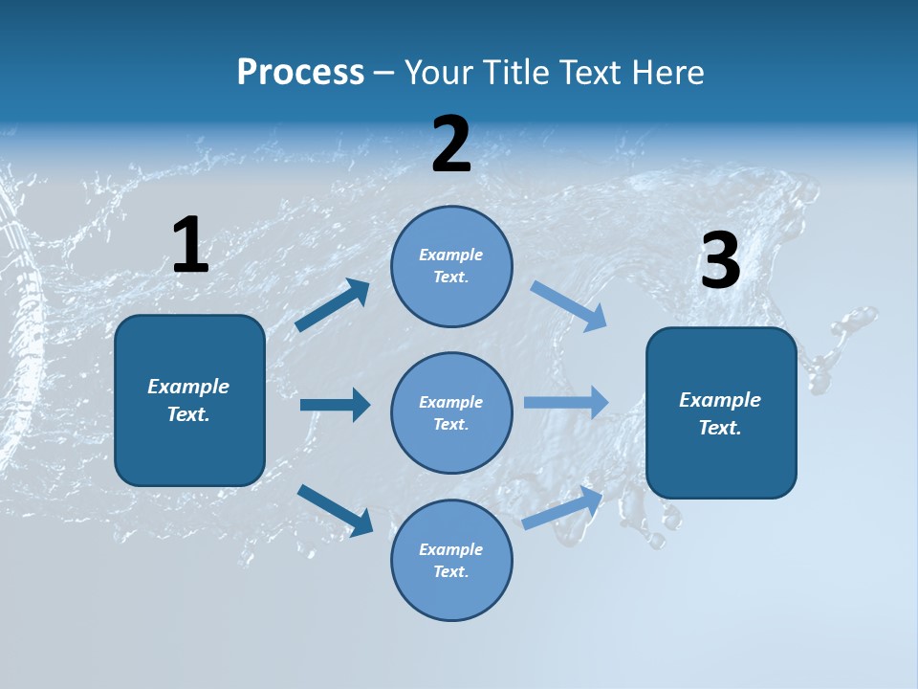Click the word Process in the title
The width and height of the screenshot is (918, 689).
point(300,73)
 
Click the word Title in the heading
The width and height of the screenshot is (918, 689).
point(526,73)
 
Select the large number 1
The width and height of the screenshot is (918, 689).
point(190,246)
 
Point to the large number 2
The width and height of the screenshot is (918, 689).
point(451,144)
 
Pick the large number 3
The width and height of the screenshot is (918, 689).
point(720,261)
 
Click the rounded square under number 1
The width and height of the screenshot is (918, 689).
point(189,400)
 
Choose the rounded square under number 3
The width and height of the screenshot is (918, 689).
point(721,412)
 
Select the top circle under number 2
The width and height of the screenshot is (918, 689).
point(451,266)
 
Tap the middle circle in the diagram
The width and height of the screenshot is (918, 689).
point(451,412)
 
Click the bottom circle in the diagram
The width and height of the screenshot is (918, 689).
point(451,560)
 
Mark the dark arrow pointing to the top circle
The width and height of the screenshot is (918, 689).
point(333,305)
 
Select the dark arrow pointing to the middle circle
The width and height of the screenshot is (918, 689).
point(335,405)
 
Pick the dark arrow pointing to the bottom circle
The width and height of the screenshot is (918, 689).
point(335,509)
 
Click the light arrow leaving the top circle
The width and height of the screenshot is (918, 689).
point(569,306)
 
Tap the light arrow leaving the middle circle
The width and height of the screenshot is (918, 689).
point(566,402)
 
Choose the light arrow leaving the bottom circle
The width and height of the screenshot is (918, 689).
point(562,508)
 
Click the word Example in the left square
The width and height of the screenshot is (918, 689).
point(188,387)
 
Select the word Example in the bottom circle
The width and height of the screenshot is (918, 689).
point(450,549)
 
